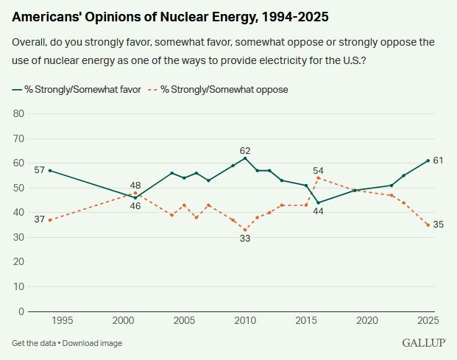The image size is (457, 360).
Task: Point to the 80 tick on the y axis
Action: point(20,113)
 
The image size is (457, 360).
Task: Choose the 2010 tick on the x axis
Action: point(245,321)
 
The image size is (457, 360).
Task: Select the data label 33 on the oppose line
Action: point(245,239)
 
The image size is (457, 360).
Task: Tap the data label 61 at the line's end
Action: point(438,160)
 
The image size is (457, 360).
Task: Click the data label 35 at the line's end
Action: point(438,225)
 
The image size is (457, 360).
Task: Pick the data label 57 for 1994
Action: point(40,170)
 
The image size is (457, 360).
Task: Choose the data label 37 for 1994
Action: point(40,219)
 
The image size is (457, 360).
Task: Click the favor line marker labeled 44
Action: point(318,202)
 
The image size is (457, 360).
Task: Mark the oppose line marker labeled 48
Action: point(135,193)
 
